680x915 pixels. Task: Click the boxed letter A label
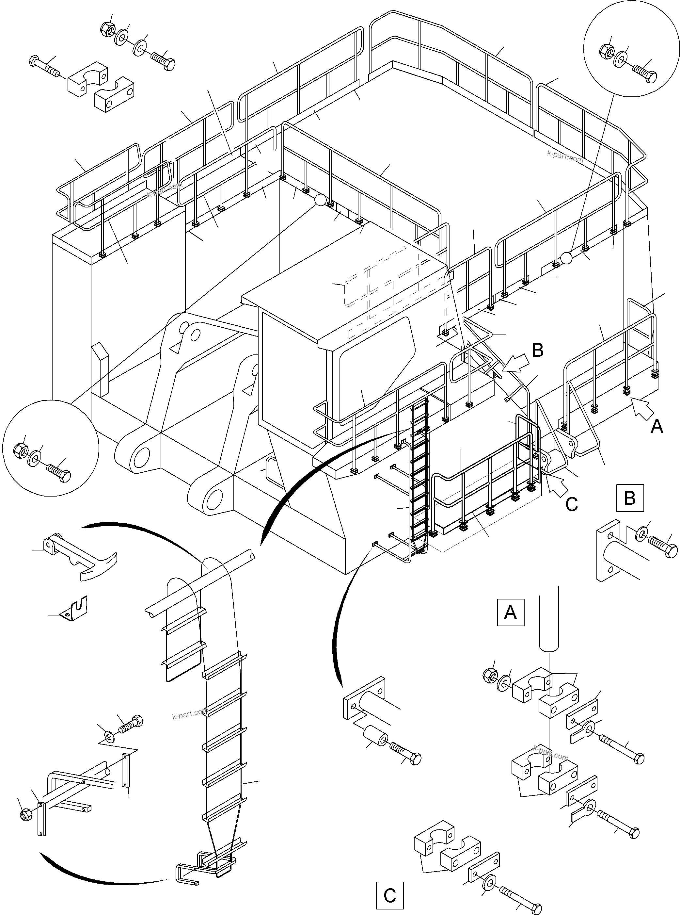click(511, 612)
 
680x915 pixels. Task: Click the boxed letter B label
click(630, 498)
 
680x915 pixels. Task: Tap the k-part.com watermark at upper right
click(565, 156)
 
